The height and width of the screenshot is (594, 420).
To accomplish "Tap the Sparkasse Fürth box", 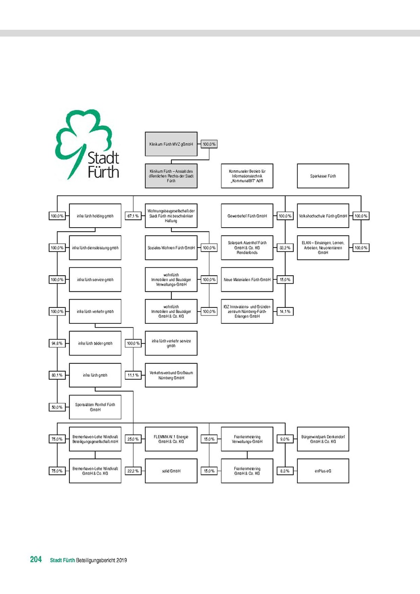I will point(323,176).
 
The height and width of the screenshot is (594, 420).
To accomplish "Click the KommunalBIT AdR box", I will point(247,176).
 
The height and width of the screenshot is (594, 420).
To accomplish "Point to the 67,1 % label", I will point(132,216).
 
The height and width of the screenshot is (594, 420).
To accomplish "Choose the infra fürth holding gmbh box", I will point(95,216).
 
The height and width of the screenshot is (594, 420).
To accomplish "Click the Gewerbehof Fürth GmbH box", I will point(247,216).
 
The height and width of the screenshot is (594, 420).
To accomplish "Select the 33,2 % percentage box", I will point(285,247).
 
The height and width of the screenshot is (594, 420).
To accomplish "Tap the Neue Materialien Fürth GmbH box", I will point(247,280).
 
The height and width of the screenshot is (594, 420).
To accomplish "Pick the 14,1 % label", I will point(285,311).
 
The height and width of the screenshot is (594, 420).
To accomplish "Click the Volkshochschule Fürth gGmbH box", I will point(323,216).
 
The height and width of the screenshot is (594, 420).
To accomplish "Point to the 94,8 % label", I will point(57,343).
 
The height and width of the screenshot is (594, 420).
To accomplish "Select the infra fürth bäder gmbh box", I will point(95,343).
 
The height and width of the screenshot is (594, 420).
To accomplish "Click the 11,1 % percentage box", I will point(132,375).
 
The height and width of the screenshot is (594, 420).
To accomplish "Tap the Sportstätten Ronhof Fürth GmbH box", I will point(95,407).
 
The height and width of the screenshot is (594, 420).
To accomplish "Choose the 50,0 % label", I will point(57,407).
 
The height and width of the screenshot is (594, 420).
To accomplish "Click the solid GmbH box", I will point(171,471).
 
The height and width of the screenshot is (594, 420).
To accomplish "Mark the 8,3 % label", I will point(285,471).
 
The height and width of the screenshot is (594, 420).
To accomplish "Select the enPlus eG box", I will point(323,471).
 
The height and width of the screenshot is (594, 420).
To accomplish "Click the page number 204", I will point(36,560).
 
